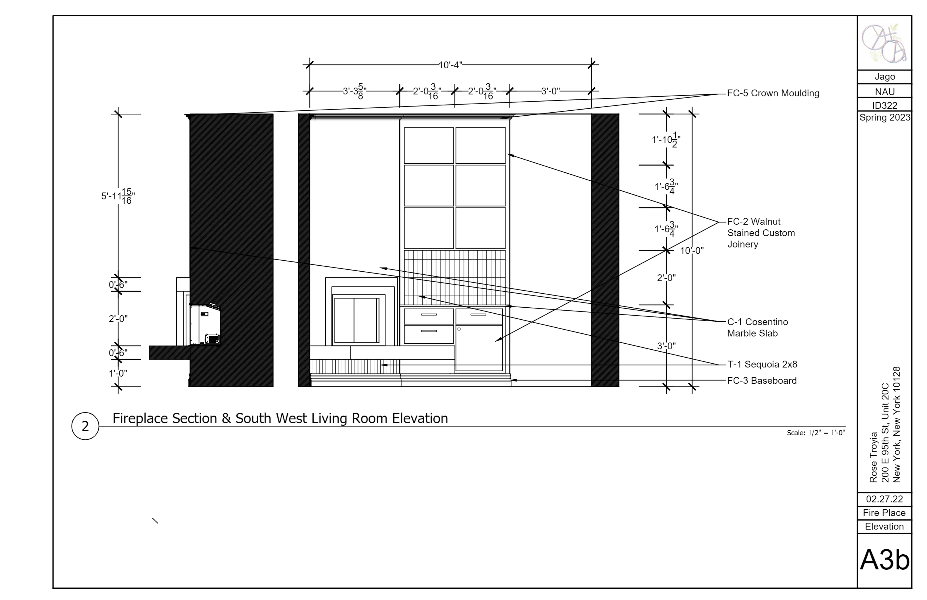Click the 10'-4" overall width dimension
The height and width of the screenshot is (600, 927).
[x=450, y=65]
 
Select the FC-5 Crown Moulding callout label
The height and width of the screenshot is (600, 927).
[x=773, y=93]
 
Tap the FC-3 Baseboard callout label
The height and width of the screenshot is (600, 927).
[x=762, y=381]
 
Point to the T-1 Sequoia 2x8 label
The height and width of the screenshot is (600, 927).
[x=762, y=364]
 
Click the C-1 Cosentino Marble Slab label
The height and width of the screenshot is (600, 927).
[x=758, y=328]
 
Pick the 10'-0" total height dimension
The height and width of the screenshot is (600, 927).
[x=692, y=251]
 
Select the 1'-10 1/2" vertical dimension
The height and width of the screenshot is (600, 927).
[x=666, y=140]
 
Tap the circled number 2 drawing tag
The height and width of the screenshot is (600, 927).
[x=85, y=426]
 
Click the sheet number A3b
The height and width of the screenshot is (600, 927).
[x=885, y=560]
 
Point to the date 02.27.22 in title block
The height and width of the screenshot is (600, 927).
[x=884, y=499]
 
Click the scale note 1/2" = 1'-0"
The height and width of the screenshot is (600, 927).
[x=816, y=433]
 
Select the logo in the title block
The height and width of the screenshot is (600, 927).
[x=884, y=43]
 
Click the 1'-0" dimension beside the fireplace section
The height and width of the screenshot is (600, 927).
[x=118, y=373]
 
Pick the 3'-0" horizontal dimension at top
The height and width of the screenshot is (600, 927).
[x=550, y=91]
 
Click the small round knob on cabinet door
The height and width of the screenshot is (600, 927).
[x=459, y=329]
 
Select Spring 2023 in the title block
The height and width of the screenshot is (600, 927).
[x=885, y=118]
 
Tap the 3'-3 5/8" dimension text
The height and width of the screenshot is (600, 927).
[x=354, y=92]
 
